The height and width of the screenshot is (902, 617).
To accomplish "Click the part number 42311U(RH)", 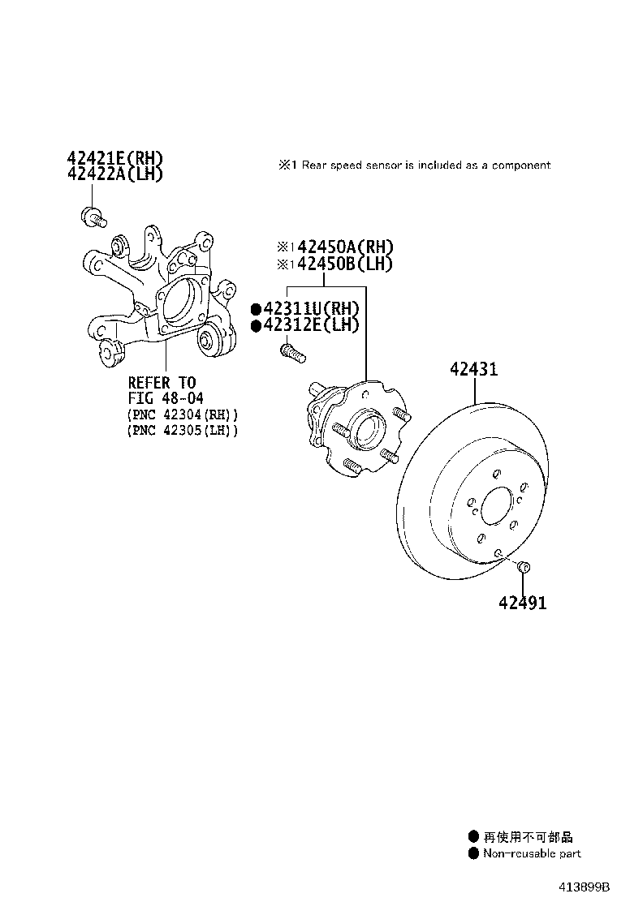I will [x=311, y=309].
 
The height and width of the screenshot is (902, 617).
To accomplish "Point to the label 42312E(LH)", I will [x=311, y=324].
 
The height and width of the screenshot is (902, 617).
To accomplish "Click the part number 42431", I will [x=485, y=370].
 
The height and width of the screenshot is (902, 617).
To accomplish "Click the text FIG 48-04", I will [x=166, y=397].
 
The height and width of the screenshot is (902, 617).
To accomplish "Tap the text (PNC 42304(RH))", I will [x=183, y=414].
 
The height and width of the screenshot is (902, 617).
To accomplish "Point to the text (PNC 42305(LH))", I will [x=183, y=430].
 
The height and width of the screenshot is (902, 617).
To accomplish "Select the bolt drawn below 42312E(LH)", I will [x=291, y=353].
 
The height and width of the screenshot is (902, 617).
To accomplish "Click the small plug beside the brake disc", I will [x=524, y=565].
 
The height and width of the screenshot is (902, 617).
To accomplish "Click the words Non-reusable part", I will [x=532, y=853].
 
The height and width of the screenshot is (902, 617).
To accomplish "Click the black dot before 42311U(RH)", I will [x=256, y=309].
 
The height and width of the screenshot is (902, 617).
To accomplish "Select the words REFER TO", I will [x=162, y=382].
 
